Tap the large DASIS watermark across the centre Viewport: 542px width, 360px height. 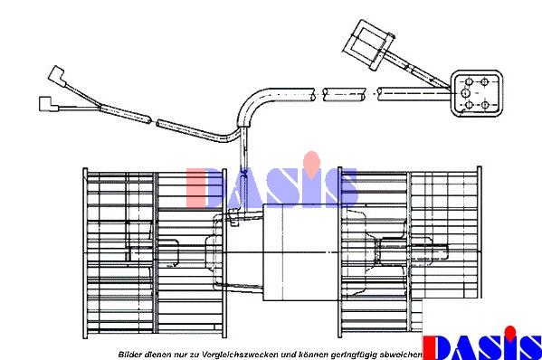(x=271, y=185)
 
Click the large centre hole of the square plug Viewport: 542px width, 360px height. (x=465, y=93)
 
